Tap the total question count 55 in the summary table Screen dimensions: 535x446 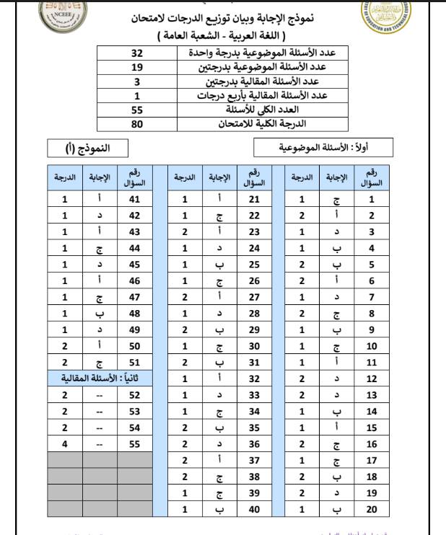pyautogui.click(x=136, y=110)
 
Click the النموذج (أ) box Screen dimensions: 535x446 pyautogui.click(x=88, y=149)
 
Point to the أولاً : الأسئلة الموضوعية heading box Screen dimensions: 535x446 pyautogui.click(x=323, y=149)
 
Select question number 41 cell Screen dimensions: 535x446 pyautogui.click(x=134, y=200)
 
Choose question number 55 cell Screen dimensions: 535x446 pyautogui.click(x=134, y=445)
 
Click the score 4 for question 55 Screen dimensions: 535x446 pyautogui.click(x=65, y=445)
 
